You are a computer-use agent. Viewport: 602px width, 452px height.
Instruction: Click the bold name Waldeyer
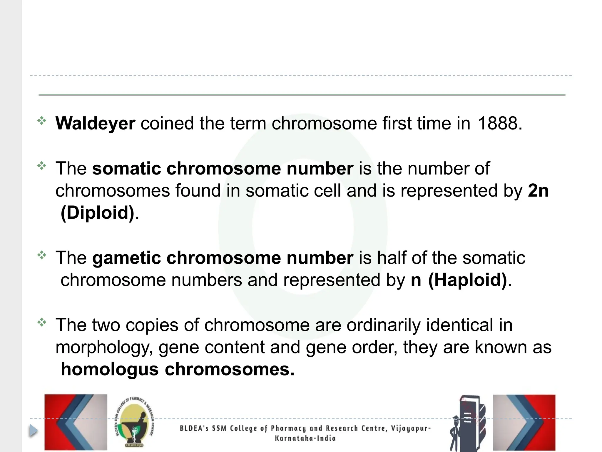click(x=95, y=123)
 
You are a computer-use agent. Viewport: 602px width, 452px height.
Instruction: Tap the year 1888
click(x=500, y=123)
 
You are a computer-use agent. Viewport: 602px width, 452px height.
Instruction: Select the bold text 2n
click(x=538, y=191)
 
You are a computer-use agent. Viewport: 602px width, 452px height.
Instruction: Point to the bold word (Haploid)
click(x=468, y=280)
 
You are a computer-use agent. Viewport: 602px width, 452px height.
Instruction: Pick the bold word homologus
click(x=110, y=369)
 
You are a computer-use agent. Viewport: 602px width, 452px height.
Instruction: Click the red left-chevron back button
click(x=76, y=422)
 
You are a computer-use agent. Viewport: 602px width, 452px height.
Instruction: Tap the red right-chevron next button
click(x=524, y=422)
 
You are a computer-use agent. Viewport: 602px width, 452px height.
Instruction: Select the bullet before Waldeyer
click(x=42, y=121)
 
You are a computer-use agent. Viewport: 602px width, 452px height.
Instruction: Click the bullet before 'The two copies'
click(x=42, y=323)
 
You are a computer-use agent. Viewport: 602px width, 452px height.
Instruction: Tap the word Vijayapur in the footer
click(x=411, y=428)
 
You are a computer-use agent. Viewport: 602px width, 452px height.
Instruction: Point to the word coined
click(x=167, y=123)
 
